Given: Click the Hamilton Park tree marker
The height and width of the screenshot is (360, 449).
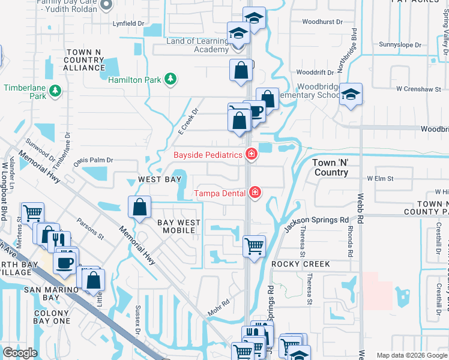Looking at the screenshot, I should point(170,79).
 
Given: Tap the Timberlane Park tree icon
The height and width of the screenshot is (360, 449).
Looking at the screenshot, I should point(55,91).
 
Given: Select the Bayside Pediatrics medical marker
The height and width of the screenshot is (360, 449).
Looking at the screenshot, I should point(251,155).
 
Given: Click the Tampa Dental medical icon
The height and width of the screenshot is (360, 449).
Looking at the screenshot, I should point(255,193).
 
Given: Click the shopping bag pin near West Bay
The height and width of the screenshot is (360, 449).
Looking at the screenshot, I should point(139,208).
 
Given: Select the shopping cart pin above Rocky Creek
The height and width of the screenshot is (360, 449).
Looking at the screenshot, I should point(254,246).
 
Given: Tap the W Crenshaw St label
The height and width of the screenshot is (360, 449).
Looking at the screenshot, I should point(414,89).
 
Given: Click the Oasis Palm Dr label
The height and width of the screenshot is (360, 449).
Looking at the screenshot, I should point(93,161).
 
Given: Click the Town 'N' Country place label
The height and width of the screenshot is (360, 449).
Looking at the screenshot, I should point(330,167).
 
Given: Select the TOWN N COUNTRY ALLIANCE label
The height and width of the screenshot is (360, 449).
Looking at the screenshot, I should point(84,60).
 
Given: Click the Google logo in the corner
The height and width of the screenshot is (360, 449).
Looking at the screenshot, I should point(20,353).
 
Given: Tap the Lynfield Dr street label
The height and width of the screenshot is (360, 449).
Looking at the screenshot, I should point(129,24).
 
